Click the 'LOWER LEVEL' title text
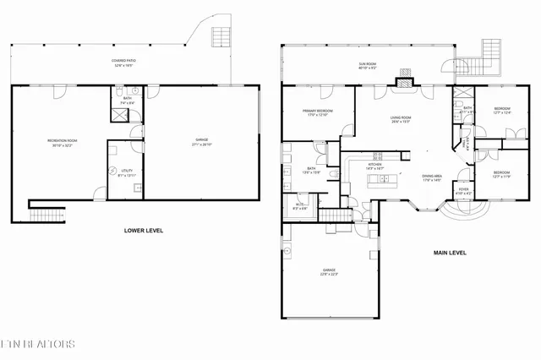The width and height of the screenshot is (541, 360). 144,231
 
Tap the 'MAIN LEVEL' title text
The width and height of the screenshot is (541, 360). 450,252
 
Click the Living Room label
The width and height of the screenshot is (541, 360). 401,120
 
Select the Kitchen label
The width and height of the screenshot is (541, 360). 374,167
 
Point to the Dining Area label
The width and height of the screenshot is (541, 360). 433,177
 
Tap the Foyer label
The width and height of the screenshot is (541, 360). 463,192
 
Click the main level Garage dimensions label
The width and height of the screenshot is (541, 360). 328,274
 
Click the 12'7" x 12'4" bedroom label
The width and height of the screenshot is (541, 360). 502,111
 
